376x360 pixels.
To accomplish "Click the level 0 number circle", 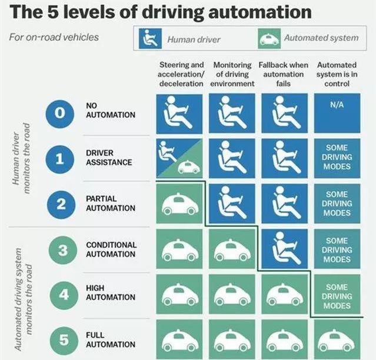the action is (x=60, y=114).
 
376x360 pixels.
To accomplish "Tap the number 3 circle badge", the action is (x=63, y=250).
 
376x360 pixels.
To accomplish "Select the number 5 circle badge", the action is (x=64, y=340).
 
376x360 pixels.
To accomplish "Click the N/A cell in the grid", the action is (x=337, y=114).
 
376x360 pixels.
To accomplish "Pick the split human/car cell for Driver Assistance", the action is (x=179, y=158).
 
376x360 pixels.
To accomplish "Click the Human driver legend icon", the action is (x=150, y=38).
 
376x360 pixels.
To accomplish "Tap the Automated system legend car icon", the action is (x=269, y=38).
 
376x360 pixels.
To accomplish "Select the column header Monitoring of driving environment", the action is (x=232, y=74).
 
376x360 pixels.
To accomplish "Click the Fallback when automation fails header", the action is (x=284, y=74).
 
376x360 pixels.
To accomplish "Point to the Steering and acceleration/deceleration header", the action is (x=181, y=74).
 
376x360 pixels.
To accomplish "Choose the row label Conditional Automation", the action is (x=111, y=249).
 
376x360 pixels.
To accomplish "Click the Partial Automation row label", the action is (x=111, y=204).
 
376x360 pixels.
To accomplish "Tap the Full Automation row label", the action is (x=111, y=339).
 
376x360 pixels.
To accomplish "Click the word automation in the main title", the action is (x=260, y=12).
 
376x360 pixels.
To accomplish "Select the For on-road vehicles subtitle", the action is (x=54, y=38).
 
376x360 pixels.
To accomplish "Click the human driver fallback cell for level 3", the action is (x=285, y=249).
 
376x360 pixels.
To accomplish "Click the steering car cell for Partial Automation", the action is (x=179, y=204).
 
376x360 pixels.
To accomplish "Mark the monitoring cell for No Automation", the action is (x=232, y=114).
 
